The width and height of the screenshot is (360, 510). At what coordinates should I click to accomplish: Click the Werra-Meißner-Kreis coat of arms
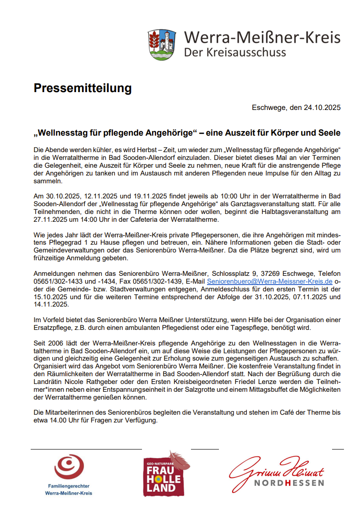coord(162,44)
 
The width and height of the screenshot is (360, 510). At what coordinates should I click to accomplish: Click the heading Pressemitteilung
coord(82,88)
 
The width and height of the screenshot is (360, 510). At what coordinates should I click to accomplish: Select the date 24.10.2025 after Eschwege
coord(322,108)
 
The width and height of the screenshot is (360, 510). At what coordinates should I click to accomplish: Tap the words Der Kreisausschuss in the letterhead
coord(235,52)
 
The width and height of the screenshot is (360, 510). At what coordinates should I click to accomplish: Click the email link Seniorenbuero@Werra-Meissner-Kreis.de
coord(270,281)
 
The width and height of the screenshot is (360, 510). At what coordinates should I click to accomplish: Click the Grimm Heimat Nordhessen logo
coord(277,472)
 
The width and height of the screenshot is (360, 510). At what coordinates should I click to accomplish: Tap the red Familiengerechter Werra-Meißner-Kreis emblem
coord(69,466)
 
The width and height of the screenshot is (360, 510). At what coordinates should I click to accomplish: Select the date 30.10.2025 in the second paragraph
coord(62,196)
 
